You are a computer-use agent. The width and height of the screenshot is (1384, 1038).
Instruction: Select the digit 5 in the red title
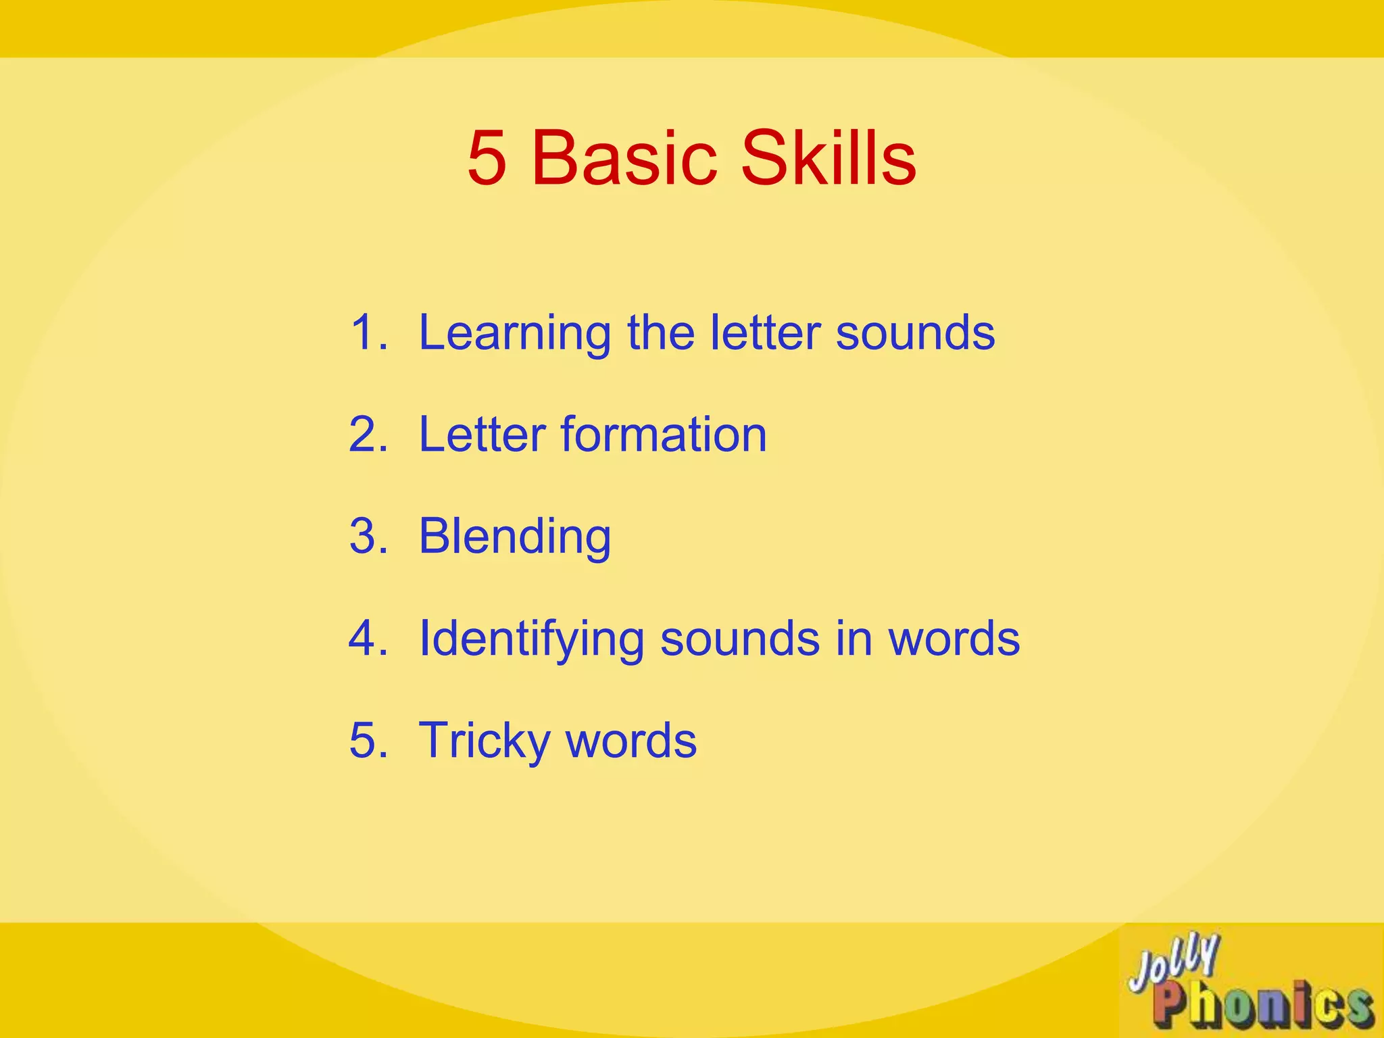click(487, 159)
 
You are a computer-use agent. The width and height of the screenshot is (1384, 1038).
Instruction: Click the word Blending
click(515, 537)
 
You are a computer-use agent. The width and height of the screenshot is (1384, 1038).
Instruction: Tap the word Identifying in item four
click(531, 639)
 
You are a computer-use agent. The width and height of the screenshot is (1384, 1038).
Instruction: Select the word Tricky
click(485, 741)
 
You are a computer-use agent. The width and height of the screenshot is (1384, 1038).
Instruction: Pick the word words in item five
click(631, 741)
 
